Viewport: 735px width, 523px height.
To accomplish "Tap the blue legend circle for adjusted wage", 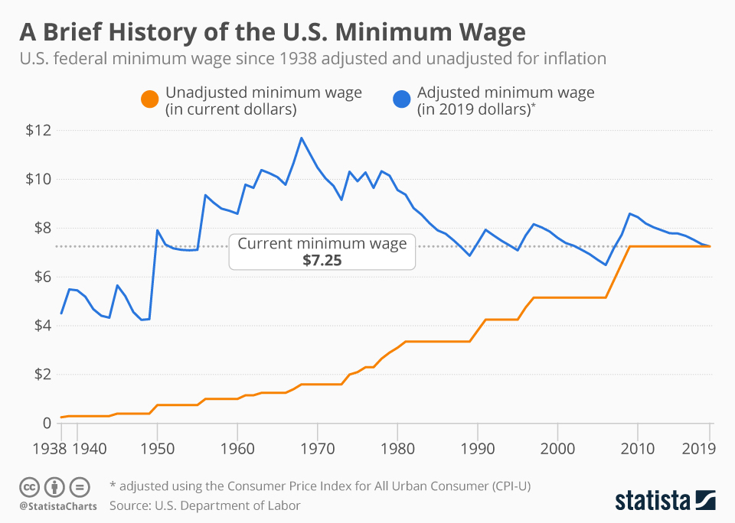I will [403, 100].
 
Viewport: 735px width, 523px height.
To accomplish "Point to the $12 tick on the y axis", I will [38, 130].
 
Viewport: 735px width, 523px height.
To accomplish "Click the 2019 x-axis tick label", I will [698, 447].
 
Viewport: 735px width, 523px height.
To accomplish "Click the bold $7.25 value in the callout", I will [322, 259].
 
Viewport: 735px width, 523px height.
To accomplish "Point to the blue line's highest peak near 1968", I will [302, 138].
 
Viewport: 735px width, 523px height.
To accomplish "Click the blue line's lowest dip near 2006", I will [606, 265].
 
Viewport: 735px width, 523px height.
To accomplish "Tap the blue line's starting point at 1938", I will [61, 313].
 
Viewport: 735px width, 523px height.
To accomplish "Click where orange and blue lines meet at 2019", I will [710, 246].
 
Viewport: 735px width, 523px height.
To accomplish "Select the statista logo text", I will [652, 501].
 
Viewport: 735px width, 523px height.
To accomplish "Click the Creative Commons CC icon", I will [30, 486].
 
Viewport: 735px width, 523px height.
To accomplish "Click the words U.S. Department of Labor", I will [230, 505].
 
